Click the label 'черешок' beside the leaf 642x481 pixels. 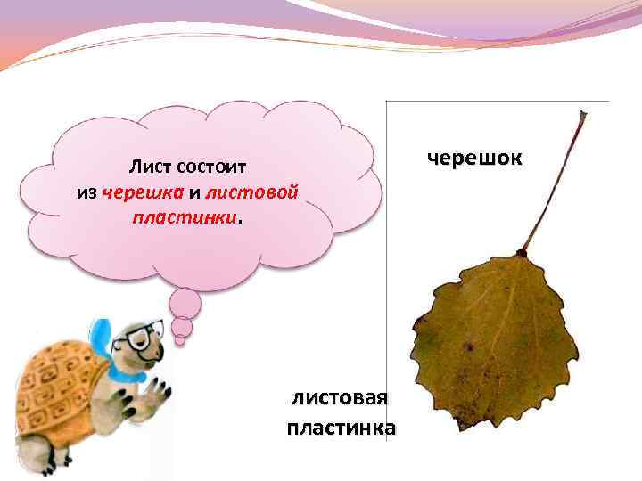(x=474, y=159)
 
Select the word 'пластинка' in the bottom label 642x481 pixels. (x=342, y=428)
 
